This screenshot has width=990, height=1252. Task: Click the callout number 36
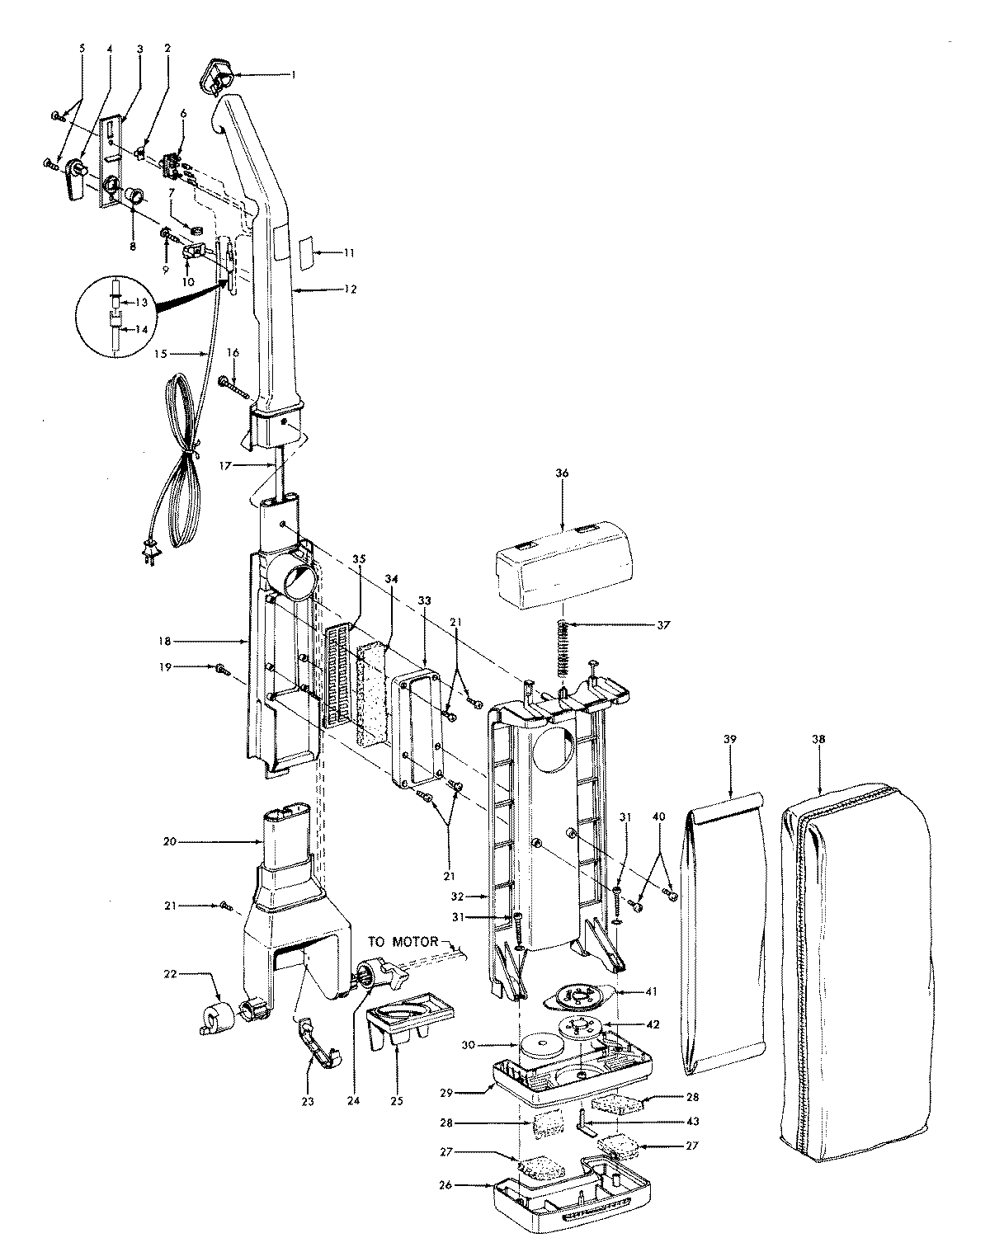click(562, 473)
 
